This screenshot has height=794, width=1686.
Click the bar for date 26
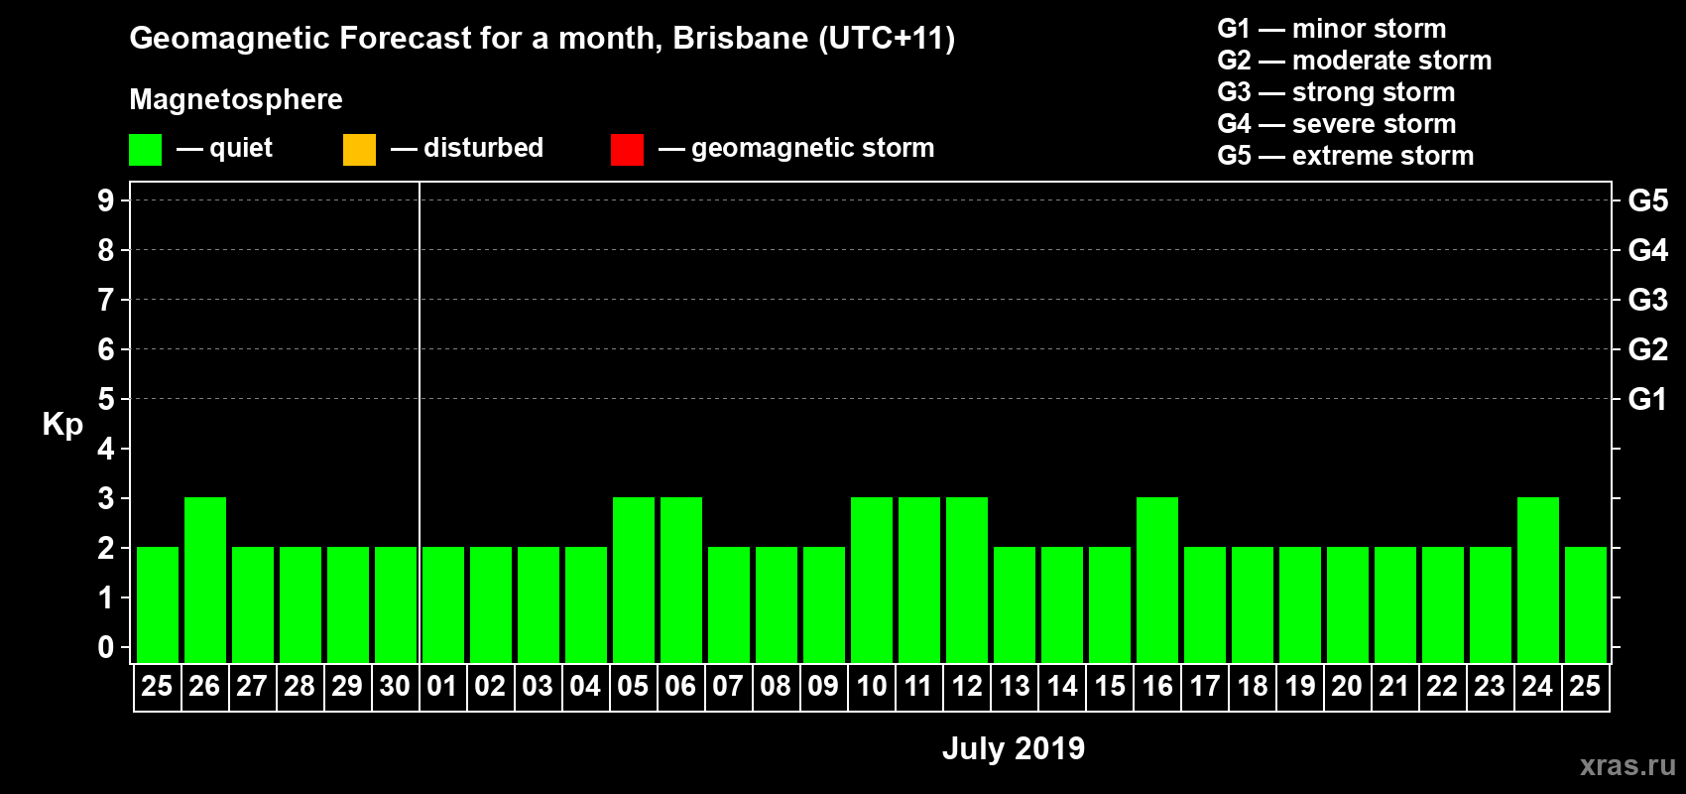click(x=205, y=580)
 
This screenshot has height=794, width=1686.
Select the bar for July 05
click(x=634, y=580)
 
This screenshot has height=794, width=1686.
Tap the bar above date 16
click(x=1157, y=580)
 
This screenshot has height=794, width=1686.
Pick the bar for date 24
click(x=1538, y=580)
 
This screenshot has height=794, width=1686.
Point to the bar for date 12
click(x=967, y=580)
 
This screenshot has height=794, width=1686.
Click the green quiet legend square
click(x=145, y=150)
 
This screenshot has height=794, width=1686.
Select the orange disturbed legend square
click(x=359, y=150)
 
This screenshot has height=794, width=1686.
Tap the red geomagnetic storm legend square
click(x=627, y=150)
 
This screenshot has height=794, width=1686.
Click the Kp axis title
click(x=62, y=424)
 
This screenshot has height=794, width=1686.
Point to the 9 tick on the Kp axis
click(x=106, y=200)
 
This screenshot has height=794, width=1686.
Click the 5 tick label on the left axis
click(x=106, y=399)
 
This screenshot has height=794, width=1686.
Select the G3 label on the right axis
click(x=1647, y=300)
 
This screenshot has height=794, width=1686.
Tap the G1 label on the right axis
click(x=1647, y=399)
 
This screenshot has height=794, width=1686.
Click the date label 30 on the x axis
click(x=395, y=686)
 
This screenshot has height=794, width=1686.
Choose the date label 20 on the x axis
click(x=1346, y=686)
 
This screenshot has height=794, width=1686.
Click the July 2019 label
click(x=1013, y=748)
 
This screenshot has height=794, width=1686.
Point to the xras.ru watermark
click(x=1627, y=765)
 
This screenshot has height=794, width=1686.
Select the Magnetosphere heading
click(x=236, y=99)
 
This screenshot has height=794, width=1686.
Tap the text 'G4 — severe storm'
click(x=1336, y=124)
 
